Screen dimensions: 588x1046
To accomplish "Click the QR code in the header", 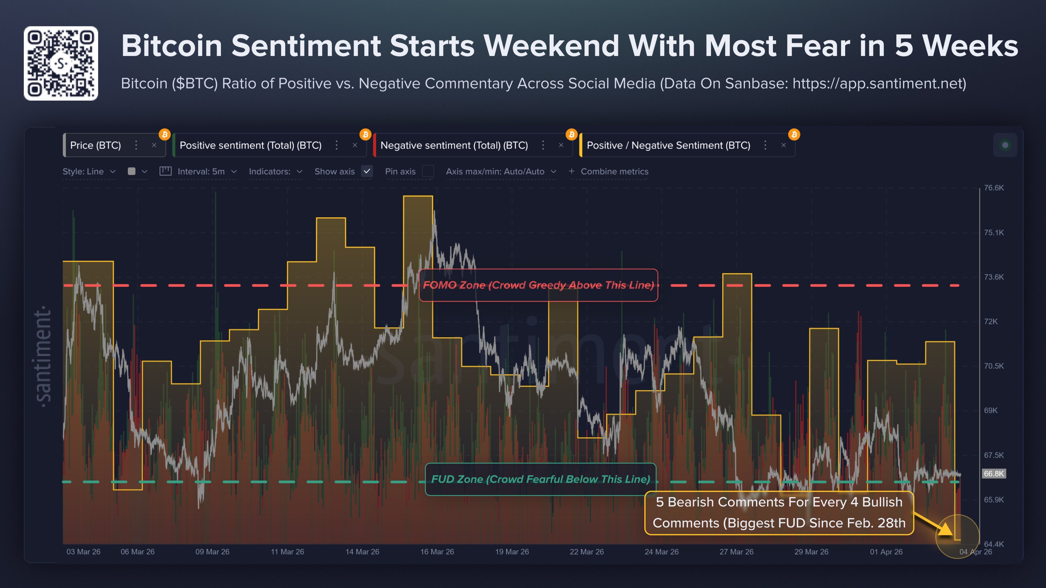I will click(61, 63).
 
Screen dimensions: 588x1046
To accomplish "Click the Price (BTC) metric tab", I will click(96, 146).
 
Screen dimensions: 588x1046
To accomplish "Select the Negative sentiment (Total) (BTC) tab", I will click(454, 146).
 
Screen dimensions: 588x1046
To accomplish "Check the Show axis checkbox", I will click(367, 172).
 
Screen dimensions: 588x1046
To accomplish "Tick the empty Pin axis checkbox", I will click(428, 172).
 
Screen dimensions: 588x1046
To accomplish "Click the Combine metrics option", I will click(614, 172).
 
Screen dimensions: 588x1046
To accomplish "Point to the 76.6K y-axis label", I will click(993, 188).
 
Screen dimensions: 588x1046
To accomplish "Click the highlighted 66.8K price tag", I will click(993, 474).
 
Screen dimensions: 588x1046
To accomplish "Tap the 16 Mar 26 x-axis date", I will click(437, 552).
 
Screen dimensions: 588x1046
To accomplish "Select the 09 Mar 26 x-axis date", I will click(212, 552).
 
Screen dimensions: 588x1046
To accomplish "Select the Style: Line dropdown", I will click(88, 172).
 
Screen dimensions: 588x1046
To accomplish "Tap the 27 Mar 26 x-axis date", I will click(736, 552).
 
